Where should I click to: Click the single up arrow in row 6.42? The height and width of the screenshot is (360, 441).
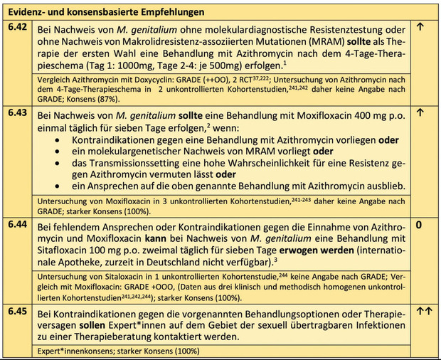click(x=420, y=28)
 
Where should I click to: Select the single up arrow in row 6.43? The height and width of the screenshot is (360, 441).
click(x=420, y=112)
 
